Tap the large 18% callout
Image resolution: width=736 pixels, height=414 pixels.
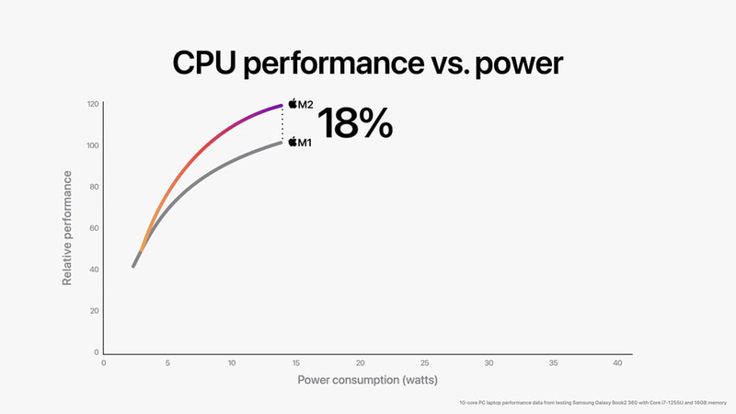click(x=354, y=123)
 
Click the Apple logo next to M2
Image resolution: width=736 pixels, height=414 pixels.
click(x=293, y=104)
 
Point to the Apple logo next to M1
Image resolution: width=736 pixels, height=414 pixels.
click(x=293, y=143)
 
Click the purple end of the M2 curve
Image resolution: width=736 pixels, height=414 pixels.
click(x=279, y=107)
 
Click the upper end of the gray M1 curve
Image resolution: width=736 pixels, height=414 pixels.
click(x=279, y=144)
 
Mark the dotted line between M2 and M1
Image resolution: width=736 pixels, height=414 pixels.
click(x=282, y=125)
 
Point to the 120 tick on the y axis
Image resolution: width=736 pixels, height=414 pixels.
click(x=93, y=104)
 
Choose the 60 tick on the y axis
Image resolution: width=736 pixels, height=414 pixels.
click(x=95, y=228)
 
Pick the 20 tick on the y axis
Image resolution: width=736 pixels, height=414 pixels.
click(x=95, y=311)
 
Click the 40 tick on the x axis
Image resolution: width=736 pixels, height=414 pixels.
click(x=616, y=363)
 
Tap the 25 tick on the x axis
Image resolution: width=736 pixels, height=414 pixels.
click(x=424, y=363)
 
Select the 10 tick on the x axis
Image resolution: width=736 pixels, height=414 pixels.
click(x=232, y=363)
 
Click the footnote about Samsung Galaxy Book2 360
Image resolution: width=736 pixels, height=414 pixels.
click(x=592, y=404)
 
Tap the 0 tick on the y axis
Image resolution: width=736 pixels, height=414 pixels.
click(x=97, y=352)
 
